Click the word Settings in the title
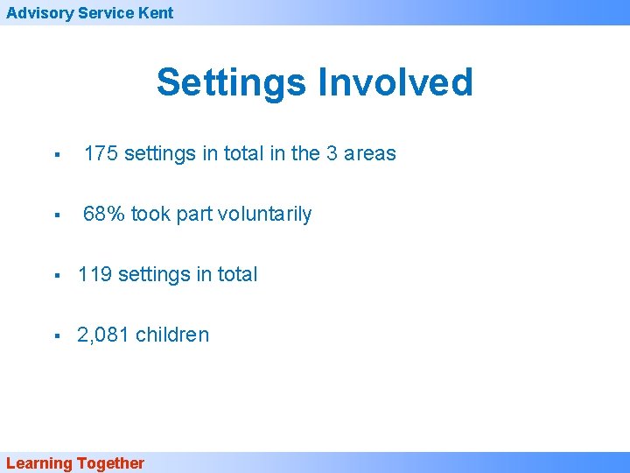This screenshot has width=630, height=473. [x=231, y=83]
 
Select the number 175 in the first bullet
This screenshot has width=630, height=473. [x=101, y=153]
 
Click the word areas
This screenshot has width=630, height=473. [x=370, y=153]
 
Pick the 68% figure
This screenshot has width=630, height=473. [x=104, y=214]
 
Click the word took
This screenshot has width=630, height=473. [x=150, y=214]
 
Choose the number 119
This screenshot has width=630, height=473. [x=94, y=274]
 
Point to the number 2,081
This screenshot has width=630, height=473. [x=103, y=335]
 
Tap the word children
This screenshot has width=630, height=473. [x=172, y=335]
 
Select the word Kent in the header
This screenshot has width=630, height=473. [x=156, y=12]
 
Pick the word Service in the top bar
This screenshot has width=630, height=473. [x=104, y=12]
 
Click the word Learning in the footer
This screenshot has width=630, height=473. [x=38, y=463]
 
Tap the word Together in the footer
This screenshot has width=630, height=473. [x=110, y=463]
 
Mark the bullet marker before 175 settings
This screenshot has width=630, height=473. [x=55, y=155]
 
